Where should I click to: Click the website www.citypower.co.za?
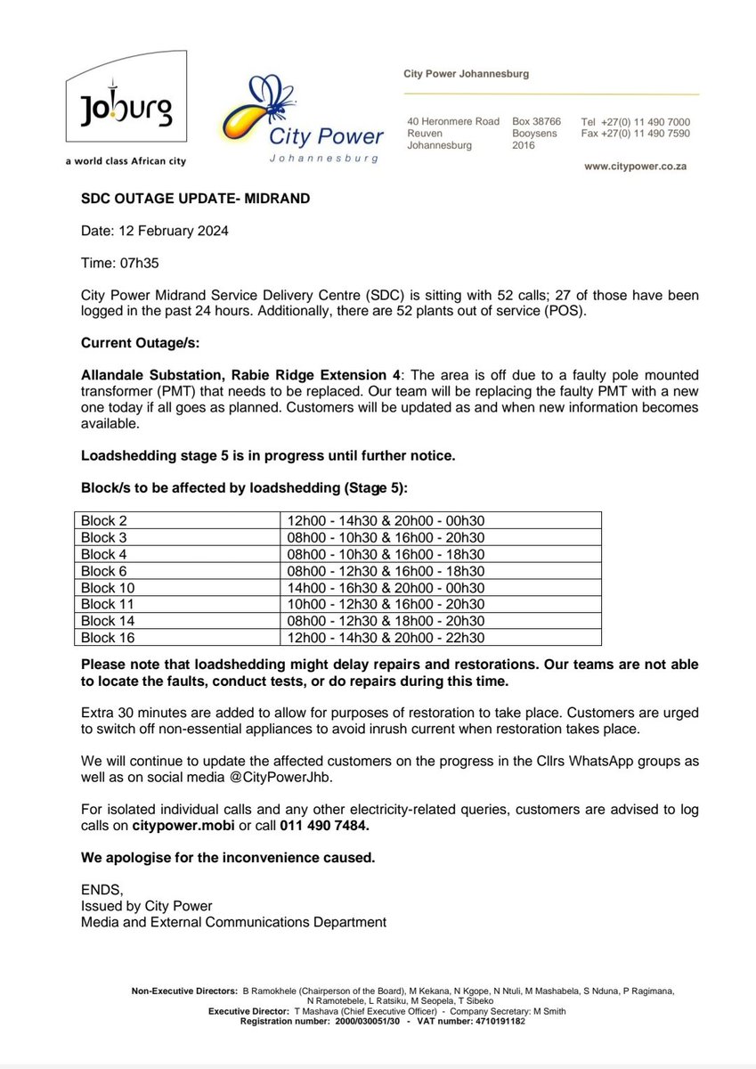(634, 167)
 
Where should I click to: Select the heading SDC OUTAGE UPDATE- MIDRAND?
(196, 199)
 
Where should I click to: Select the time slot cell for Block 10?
(384, 588)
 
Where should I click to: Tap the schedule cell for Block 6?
(384, 571)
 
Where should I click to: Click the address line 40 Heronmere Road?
(452, 121)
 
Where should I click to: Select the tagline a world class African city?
(126, 161)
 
